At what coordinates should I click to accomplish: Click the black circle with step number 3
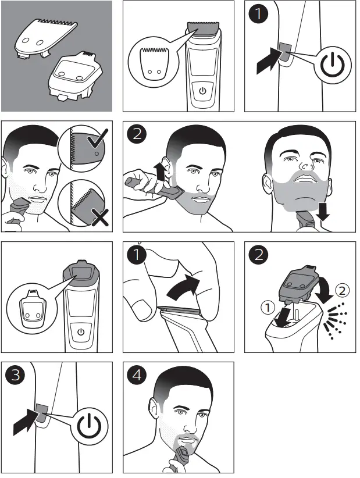[15, 374]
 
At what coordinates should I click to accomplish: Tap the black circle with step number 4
[137, 374]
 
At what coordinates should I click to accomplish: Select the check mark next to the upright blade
[98, 138]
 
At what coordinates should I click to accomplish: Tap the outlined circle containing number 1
[268, 307]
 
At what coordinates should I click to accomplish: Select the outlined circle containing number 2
[343, 290]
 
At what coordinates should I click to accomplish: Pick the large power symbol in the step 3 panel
[89, 426]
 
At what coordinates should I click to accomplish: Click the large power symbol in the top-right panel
[333, 65]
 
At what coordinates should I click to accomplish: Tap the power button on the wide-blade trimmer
[203, 91]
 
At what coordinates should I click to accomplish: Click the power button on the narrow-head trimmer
[81, 331]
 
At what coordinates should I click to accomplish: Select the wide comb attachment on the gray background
[46, 38]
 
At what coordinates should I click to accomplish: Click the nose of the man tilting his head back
[306, 165]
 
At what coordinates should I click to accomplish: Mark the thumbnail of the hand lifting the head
[143, 309]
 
